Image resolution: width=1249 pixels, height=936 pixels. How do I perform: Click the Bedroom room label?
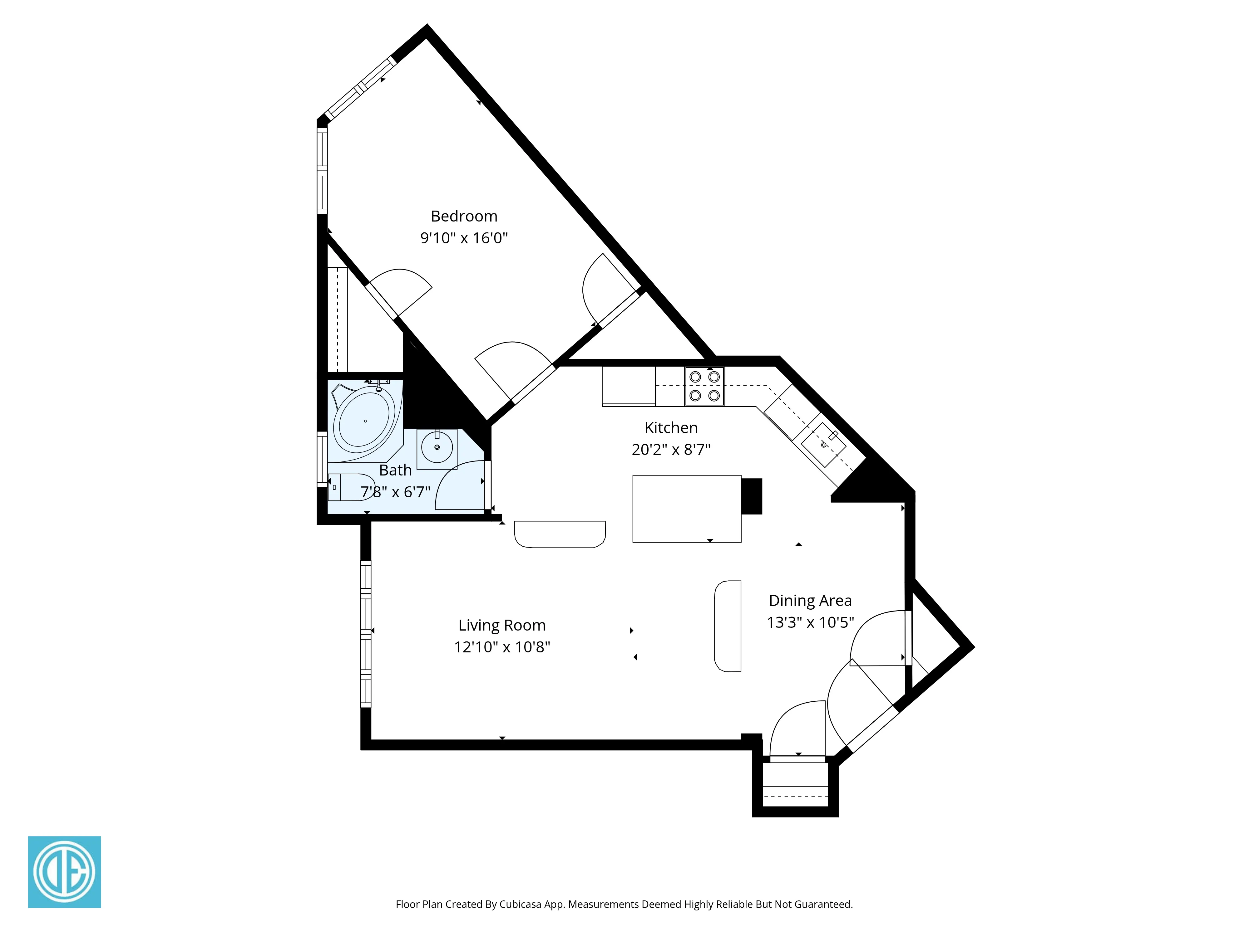(x=464, y=216)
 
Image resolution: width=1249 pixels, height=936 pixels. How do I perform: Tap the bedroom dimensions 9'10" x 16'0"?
(x=464, y=238)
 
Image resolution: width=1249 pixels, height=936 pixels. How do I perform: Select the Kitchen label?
(x=671, y=428)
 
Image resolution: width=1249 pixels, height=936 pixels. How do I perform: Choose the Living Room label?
(x=501, y=625)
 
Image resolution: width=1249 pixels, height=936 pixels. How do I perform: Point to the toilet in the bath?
(x=347, y=487)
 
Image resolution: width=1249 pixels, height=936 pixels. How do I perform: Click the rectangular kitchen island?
(x=686, y=508)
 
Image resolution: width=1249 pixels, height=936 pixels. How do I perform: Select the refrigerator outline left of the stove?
(x=629, y=386)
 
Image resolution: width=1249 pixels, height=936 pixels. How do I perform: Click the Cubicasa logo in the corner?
(x=64, y=872)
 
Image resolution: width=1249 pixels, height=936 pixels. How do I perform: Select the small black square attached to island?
(x=751, y=496)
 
